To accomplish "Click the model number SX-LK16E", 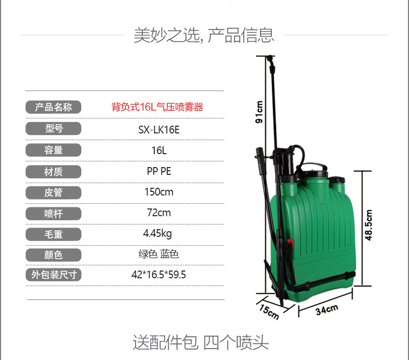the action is (x=159, y=129).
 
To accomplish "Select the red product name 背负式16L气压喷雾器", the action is (x=157, y=107).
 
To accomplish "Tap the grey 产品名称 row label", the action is (x=53, y=107).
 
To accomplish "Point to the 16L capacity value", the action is (x=159, y=151).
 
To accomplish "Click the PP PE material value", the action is (x=159, y=171).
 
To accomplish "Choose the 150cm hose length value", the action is (x=159, y=192).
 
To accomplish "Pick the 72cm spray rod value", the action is (x=159, y=213).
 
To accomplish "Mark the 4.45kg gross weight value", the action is (x=157, y=234).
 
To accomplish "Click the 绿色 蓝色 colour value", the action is (x=158, y=254).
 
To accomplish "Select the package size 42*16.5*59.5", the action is (x=158, y=275).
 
